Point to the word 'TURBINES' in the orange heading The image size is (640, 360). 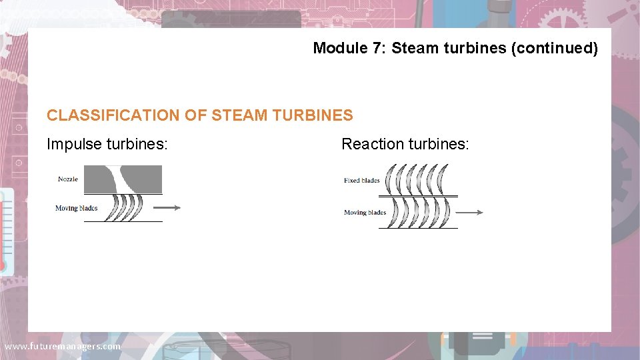313,115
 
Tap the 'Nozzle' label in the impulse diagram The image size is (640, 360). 68,179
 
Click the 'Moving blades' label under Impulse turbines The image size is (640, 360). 76,208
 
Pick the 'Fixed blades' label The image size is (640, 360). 362,180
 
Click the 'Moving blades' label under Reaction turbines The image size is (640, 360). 365,213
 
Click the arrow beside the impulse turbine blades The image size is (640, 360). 171,207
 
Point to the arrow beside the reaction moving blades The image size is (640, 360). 470,213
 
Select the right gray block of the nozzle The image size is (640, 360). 147,179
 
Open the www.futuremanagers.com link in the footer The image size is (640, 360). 62,347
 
